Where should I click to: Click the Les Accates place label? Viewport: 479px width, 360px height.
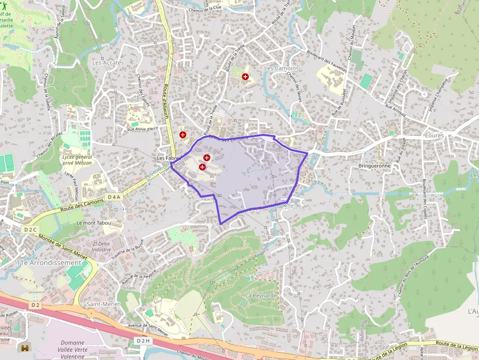108,63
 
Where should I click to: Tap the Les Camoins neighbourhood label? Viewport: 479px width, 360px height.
281,68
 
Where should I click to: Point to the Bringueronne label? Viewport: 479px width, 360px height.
374,166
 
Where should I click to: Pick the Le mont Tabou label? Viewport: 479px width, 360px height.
93,223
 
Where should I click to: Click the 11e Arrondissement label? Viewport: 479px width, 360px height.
48,262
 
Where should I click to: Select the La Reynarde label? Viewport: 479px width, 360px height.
261,296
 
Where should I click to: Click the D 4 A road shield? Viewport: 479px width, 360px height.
113,197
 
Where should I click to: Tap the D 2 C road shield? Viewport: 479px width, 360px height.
30,229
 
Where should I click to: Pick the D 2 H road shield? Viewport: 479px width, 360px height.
143,340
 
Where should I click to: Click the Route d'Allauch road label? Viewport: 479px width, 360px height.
168,105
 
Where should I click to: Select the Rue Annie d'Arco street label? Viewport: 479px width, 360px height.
144,129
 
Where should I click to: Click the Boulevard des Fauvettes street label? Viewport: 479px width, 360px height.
327,61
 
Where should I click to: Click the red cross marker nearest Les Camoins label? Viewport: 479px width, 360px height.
245,77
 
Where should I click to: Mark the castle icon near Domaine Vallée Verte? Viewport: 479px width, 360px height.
24,348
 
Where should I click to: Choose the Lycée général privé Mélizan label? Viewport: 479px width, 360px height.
77,160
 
